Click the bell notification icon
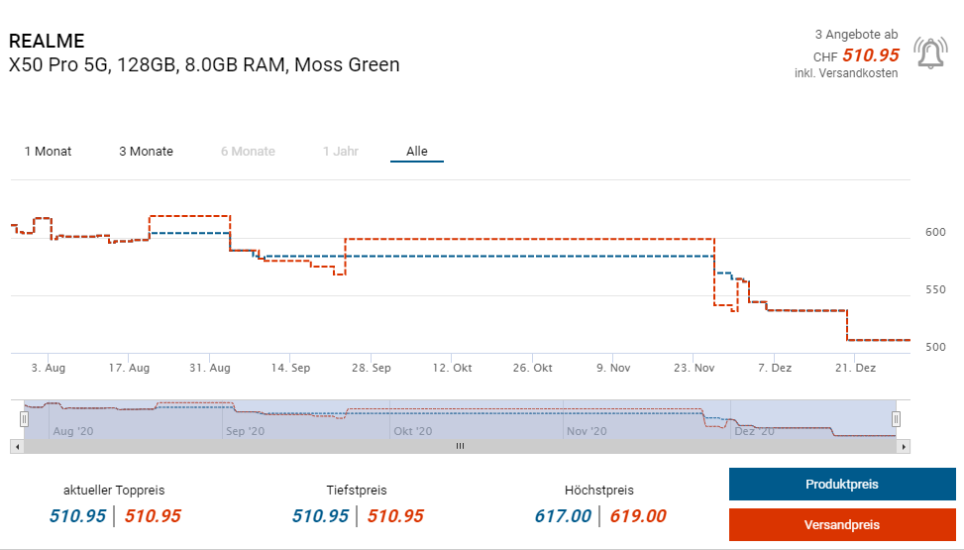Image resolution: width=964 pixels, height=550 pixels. click(930, 53)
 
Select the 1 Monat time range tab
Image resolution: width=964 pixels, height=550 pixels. click(48, 152)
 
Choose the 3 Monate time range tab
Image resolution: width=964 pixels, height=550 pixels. click(146, 152)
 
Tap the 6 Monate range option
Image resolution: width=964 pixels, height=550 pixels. click(248, 152)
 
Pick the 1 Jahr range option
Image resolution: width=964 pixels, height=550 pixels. click(340, 152)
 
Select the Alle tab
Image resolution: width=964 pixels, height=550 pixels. click(417, 152)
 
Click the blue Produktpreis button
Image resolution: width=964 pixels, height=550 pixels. click(841, 485)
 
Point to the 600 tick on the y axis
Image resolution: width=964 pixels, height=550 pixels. click(935, 233)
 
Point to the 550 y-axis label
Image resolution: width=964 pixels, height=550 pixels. click(935, 290)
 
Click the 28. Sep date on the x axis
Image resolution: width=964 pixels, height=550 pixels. click(371, 368)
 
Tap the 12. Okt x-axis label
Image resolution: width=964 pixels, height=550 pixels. click(453, 368)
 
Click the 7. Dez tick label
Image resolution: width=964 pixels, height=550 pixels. click(775, 368)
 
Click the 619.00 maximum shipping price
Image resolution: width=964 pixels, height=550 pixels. click(638, 516)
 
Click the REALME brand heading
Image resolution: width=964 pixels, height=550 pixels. click(47, 42)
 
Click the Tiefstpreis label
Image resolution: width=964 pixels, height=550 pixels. click(357, 491)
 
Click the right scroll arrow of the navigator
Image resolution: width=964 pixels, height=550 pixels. click(904, 447)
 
